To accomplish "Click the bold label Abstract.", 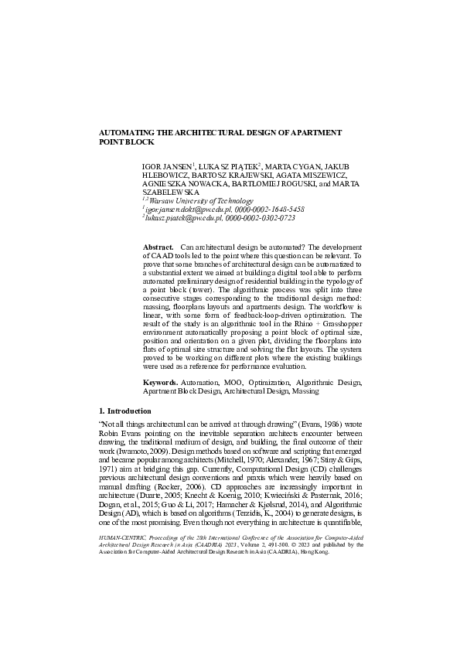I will click(157, 246).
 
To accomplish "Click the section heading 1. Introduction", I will click(126, 411).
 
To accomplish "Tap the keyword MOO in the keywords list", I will click(227, 383).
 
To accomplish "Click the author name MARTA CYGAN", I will click(290, 167).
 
